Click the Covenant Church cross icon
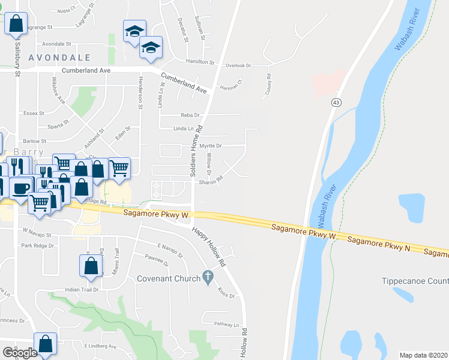[x=208, y=277]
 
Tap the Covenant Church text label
[x=170, y=278]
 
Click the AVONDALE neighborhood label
[x=63, y=58]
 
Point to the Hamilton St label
[x=200, y=62]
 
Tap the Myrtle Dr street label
[x=211, y=146]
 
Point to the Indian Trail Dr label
[x=82, y=289]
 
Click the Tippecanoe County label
[x=415, y=281]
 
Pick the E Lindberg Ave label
[x=100, y=346]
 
